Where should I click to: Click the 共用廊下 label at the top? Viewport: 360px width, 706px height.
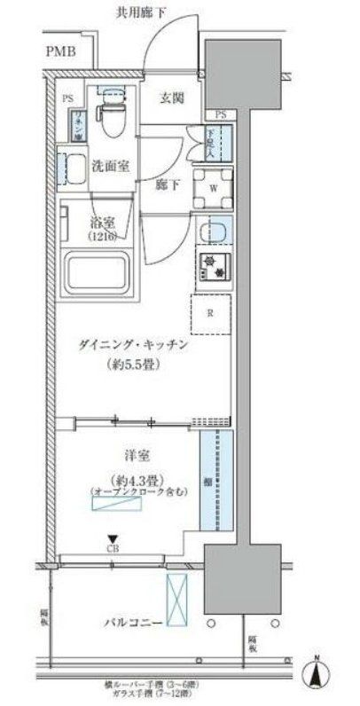click(148, 12)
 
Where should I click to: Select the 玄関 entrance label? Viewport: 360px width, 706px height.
click(172, 99)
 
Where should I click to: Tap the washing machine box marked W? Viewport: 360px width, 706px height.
click(213, 187)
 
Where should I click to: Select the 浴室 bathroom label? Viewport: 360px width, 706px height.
click(105, 224)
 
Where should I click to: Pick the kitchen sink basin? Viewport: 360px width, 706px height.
click(213, 232)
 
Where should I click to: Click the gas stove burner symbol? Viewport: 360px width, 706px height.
click(213, 263)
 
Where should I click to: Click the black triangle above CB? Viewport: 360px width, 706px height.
click(112, 537)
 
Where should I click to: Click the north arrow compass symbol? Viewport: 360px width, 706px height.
click(317, 676)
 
